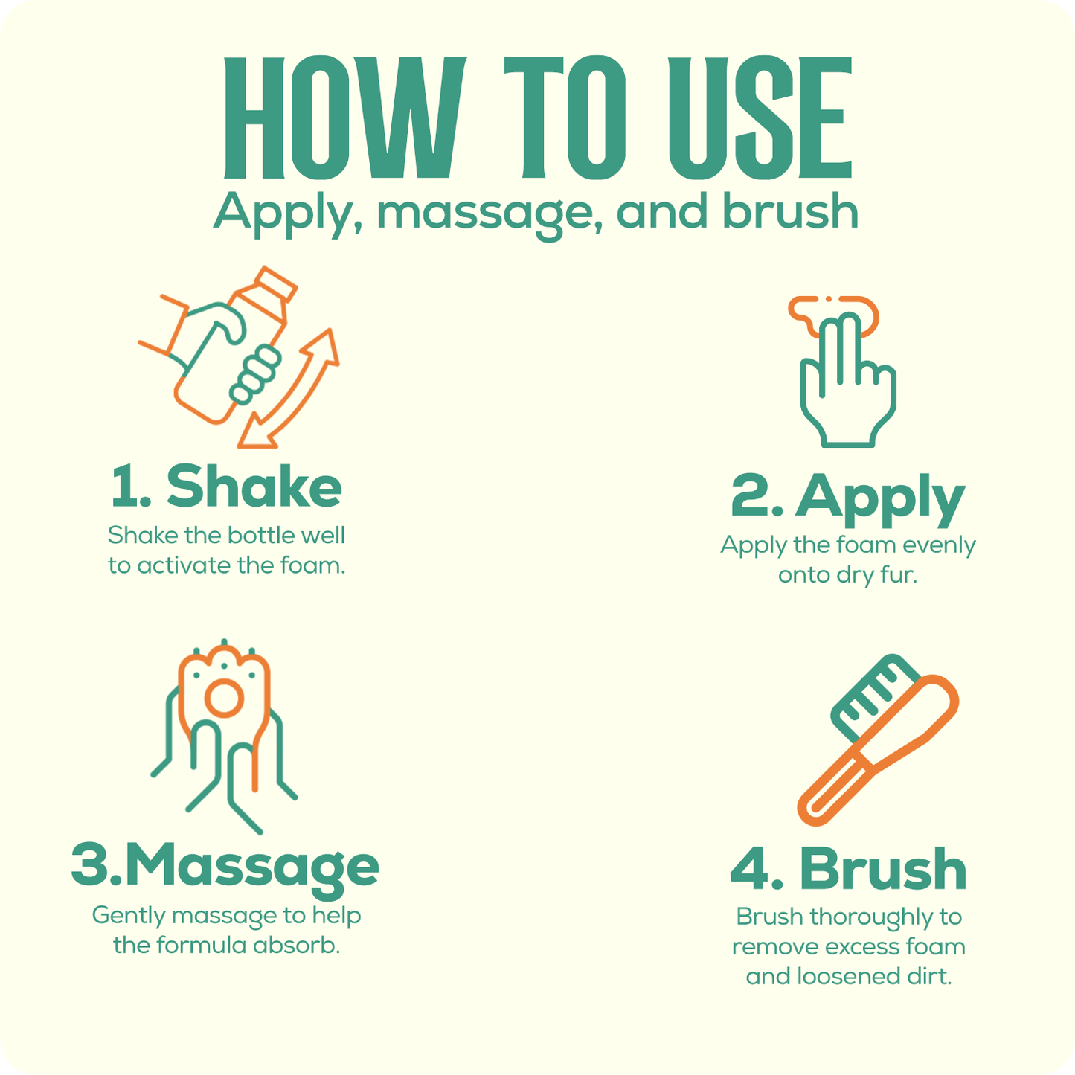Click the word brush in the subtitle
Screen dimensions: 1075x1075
coord(790,210)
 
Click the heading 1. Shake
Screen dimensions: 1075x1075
coord(226,487)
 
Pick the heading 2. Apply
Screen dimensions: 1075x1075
coord(847,498)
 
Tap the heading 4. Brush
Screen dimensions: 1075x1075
coord(848,869)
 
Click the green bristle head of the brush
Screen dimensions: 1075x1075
coord(873,698)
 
